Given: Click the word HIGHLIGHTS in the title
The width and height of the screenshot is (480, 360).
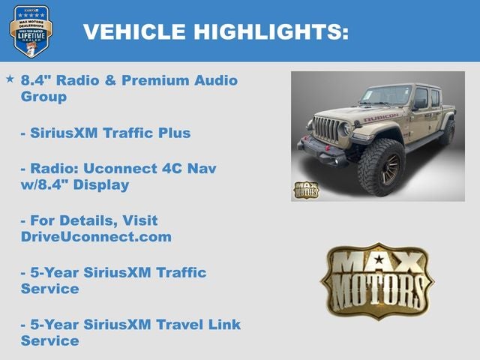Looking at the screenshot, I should click(x=271, y=31).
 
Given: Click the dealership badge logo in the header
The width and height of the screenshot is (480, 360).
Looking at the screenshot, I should click(x=31, y=31).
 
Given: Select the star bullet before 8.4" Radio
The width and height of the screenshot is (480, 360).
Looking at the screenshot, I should click(x=10, y=79).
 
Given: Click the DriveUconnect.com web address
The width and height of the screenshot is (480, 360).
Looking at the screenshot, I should click(x=96, y=237).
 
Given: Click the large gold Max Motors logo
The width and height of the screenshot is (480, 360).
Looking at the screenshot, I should click(x=377, y=280).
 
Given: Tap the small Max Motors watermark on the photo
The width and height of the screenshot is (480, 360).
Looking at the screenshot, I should click(x=305, y=189).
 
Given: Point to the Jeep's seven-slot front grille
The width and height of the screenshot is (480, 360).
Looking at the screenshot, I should click(x=327, y=127).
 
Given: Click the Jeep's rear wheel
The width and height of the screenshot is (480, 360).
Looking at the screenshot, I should click(x=447, y=132).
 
